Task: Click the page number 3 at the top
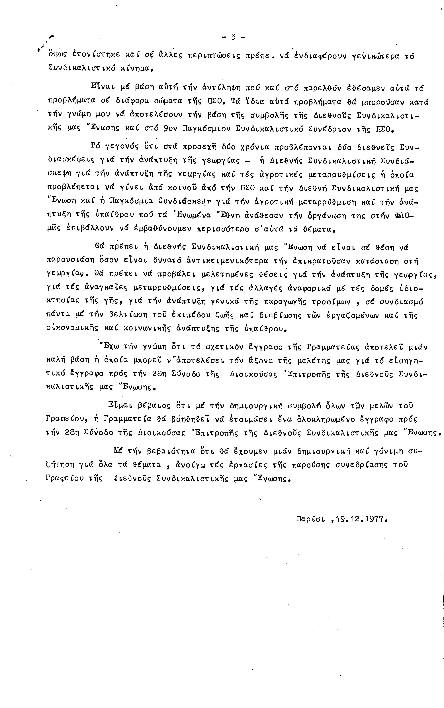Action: point(234,37)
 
